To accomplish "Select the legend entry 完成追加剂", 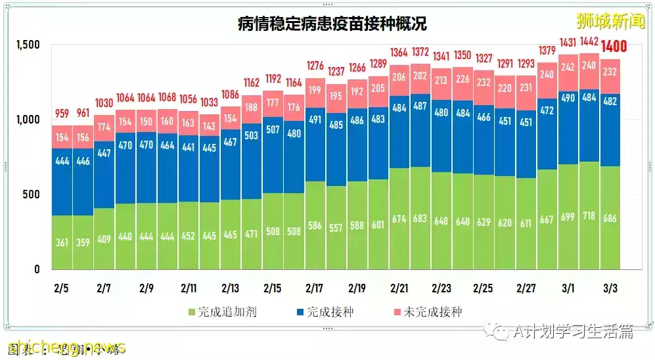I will pos(223,311).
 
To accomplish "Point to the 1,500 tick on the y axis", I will pos(28,45).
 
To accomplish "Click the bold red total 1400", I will pos(610,47).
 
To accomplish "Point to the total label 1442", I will pos(589,41).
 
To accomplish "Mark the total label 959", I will pos(62,112).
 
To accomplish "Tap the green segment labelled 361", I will pos(62,242).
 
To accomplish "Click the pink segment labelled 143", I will pos(210,125).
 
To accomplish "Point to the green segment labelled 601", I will pos(378,224).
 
